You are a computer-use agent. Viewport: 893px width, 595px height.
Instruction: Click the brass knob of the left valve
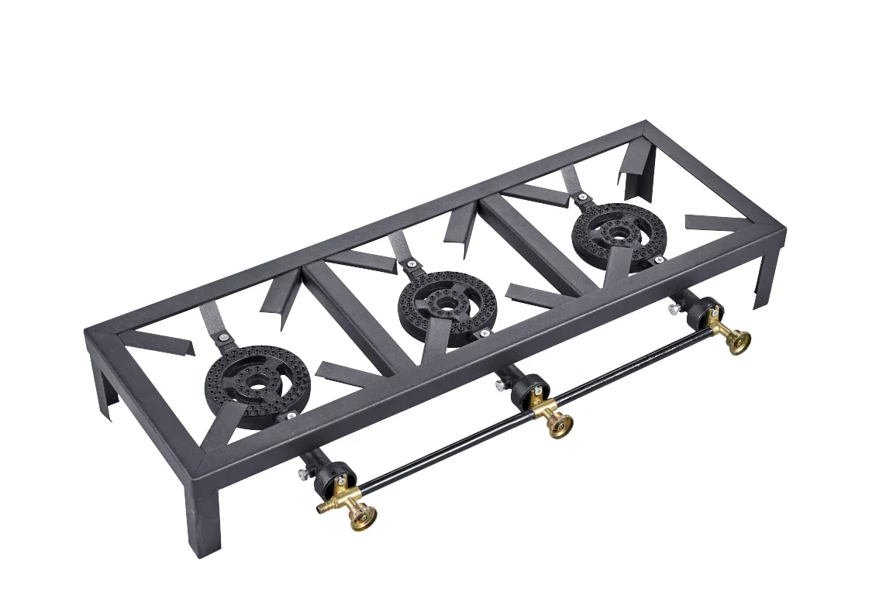362,515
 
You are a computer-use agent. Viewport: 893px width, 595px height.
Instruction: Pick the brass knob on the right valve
738,340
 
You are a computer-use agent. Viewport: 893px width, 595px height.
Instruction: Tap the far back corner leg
644,167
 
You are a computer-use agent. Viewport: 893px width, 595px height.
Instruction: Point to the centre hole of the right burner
618,232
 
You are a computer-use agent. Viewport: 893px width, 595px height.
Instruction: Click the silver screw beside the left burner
291,417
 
